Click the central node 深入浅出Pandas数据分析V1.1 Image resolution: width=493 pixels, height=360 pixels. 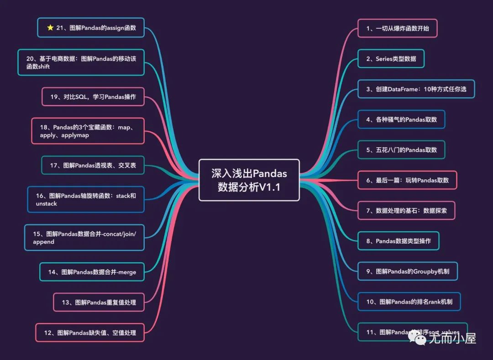click(249, 180)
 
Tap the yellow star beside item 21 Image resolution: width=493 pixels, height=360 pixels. click(50, 28)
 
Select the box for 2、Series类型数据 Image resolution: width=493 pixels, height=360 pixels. click(391, 59)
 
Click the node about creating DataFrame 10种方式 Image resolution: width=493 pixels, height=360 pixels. click(416, 89)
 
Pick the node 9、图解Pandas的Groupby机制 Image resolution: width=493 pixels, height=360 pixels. click(407, 271)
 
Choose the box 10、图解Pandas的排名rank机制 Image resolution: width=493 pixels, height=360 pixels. click(409, 302)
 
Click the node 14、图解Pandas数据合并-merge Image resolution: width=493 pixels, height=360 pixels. click(92, 272)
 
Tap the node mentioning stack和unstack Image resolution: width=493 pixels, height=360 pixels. click(86, 199)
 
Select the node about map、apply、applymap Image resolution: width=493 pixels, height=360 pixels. click(88, 131)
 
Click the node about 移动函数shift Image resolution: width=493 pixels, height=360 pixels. click(81, 63)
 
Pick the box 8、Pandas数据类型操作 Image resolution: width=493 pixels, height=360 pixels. click(398, 241)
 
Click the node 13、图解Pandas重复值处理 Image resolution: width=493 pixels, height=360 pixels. click(99, 302)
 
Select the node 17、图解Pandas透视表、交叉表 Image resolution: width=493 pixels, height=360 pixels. click(93, 165)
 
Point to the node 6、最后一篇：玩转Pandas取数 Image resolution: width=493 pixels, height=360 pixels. click(407, 180)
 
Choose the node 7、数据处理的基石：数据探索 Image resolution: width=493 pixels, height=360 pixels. click(406, 210)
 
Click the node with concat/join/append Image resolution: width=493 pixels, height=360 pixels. click(84, 237)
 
